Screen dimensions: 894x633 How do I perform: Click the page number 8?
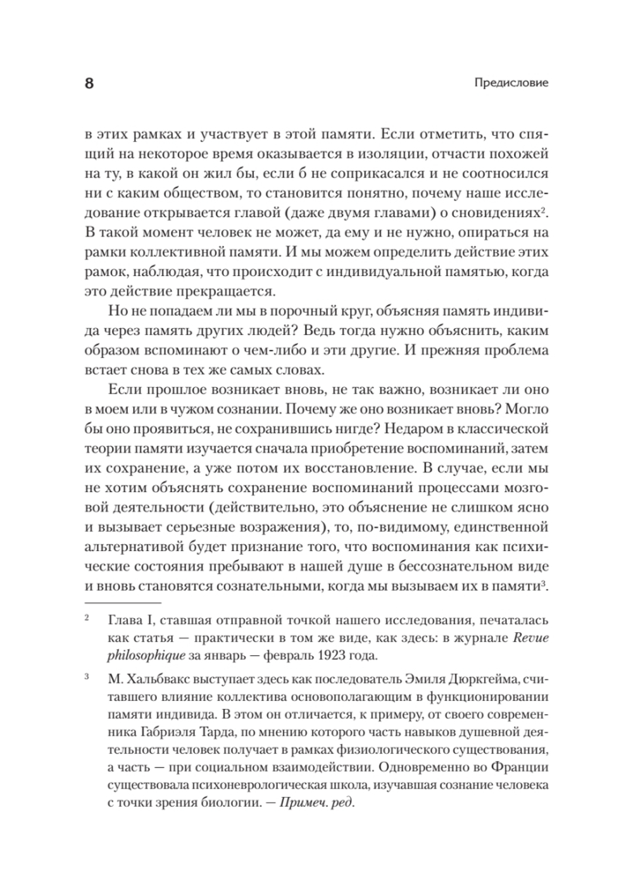[x=89, y=84]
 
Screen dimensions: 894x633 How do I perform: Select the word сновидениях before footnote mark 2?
[x=501, y=212]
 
